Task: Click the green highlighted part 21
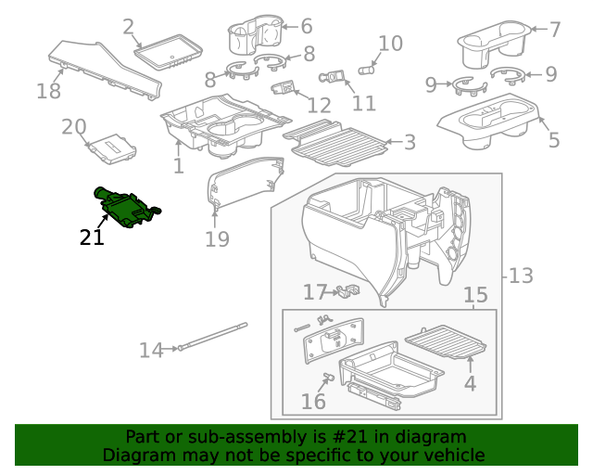point(124,206)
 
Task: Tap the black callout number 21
point(92,237)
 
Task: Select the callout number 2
point(128,28)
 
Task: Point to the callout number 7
point(555,30)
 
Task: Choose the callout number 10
point(390,43)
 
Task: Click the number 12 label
point(319,105)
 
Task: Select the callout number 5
point(554,141)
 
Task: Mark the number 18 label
point(48,91)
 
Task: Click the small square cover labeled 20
point(112,147)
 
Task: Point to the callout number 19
point(216,240)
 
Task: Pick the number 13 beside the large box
point(522,276)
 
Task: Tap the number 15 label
point(475,295)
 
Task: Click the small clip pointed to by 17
point(347,291)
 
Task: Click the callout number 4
point(472,382)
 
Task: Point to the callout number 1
point(178,166)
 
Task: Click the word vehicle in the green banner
point(453,456)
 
